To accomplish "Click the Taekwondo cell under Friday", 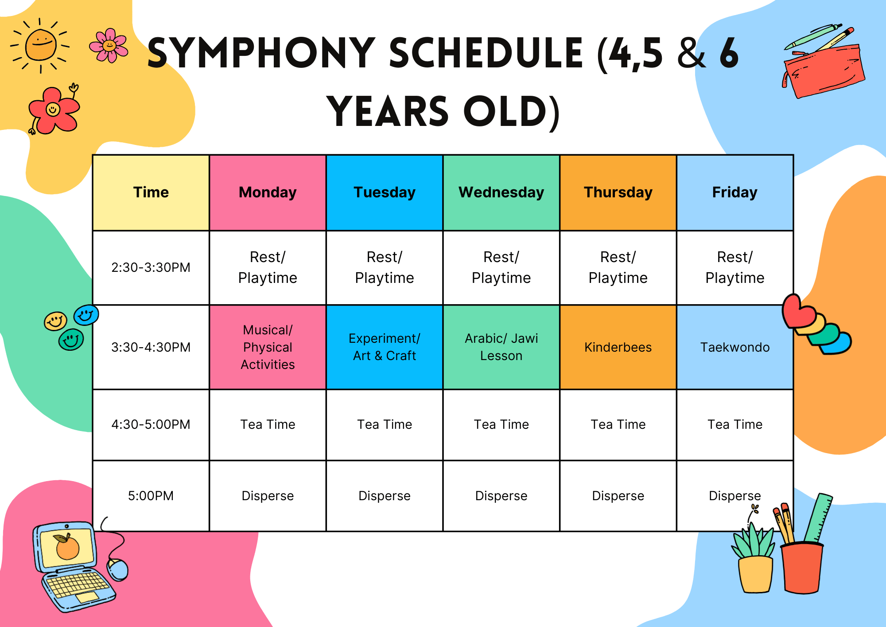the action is click(734, 347).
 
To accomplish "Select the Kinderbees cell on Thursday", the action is click(618, 347).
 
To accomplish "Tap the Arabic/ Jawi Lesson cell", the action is click(501, 347).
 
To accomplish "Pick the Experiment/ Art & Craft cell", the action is click(385, 347).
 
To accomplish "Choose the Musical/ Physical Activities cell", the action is click(268, 347).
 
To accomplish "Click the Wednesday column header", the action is click(501, 192).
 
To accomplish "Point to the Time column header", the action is click(151, 192).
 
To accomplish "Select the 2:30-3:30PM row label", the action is click(151, 267).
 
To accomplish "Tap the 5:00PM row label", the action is click(151, 496).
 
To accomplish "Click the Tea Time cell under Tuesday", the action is click(385, 424).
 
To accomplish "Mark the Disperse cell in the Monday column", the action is click(268, 496).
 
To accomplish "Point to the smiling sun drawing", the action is click(40, 45).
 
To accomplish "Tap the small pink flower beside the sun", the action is click(109, 45).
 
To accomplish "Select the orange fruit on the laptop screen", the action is click(67, 547).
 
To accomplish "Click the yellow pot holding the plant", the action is click(756, 574).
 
